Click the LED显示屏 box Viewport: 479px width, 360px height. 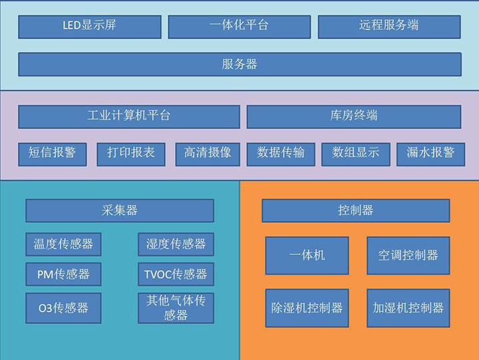89,27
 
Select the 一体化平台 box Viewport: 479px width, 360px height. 239,27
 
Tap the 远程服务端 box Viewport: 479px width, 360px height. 389,27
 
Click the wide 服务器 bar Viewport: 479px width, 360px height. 239,65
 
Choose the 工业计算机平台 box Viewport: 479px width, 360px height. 128,116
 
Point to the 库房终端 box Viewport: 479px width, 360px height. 354,116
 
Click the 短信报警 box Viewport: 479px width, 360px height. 53,154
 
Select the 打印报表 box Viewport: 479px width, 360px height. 131,154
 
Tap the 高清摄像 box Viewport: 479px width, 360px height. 208,154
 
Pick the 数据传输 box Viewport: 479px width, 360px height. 281,154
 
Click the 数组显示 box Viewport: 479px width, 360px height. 356,154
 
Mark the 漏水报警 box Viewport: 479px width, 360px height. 430,154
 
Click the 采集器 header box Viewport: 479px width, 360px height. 120,211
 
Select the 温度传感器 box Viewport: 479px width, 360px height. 63,244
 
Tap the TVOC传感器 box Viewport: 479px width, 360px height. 176,274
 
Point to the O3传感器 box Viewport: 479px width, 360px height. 63,308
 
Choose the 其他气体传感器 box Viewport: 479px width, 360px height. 176,308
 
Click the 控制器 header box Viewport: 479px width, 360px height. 355,211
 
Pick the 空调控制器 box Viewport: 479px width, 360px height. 408,256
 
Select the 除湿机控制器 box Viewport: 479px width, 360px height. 307,308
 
